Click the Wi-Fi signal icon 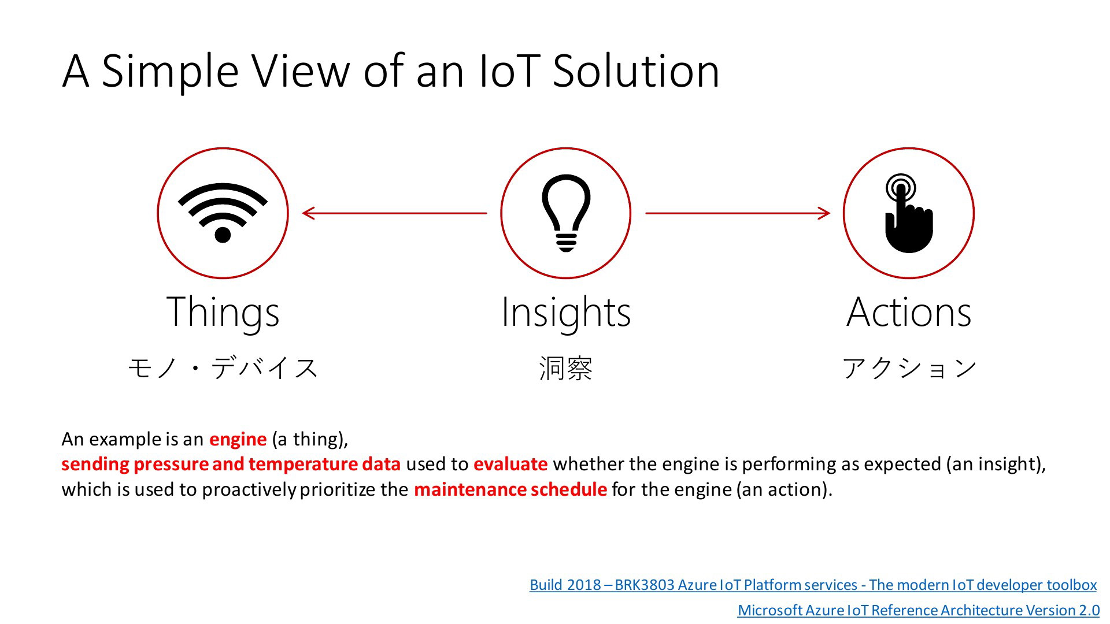click(x=223, y=213)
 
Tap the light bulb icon click(x=566, y=213)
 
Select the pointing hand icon click(x=908, y=213)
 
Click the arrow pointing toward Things click(x=395, y=213)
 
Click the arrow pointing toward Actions click(x=738, y=213)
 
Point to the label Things click(x=223, y=313)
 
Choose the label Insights click(x=566, y=313)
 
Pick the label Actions click(x=909, y=312)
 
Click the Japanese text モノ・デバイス click(x=223, y=368)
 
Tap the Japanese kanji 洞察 click(x=566, y=368)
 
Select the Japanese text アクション click(x=909, y=368)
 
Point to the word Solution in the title click(x=636, y=71)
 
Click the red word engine click(x=238, y=440)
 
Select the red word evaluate click(x=510, y=464)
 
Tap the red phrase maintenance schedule click(x=510, y=489)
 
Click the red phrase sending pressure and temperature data click(x=231, y=465)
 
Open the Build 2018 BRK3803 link click(x=813, y=585)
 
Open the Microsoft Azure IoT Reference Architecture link click(x=919, y=611)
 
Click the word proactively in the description click(x=249, y=490)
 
